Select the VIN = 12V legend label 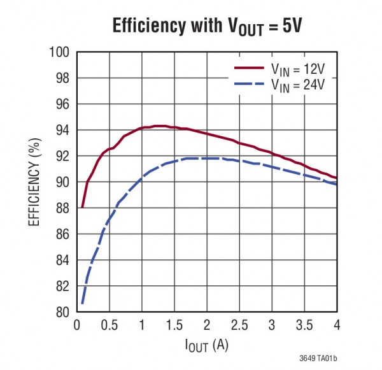(301, 69)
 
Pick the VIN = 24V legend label (301, 84)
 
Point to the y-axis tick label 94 (62, 130)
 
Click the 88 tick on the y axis (62, 208)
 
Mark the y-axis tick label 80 (62, 313)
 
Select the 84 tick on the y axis (62, 260)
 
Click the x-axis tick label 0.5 (109, 325)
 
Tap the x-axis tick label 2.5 (239, 325)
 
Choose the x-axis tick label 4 (337, 325)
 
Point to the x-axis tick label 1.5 (174, 325)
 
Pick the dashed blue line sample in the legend (250, 84)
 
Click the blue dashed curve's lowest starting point (82, 303)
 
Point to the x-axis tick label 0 (77, 325)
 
